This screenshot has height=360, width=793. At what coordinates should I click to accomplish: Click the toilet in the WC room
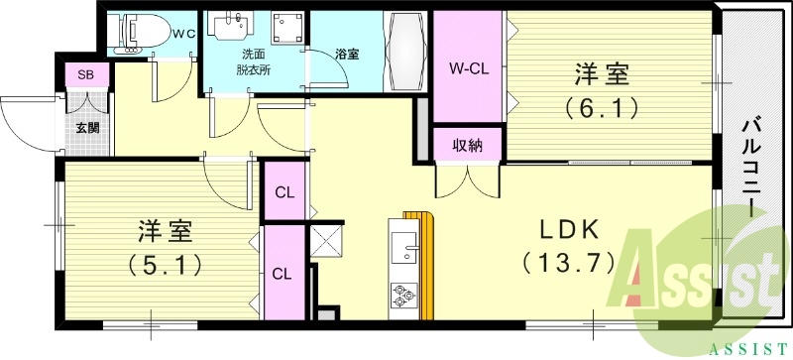click(x=136, y=31)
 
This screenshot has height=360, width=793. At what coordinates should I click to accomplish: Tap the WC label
click(x=182, y=33)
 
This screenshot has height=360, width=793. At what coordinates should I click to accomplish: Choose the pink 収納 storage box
click(x=469, y=146)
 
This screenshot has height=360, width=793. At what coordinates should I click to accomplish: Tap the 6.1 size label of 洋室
click(x=603, y=107)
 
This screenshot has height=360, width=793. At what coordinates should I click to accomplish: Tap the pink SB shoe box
click(x=85, y=75)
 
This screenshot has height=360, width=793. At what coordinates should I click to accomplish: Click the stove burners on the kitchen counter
click(x=404, y=295)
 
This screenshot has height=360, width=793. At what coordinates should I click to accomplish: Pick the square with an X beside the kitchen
click(x=325, y=240)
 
